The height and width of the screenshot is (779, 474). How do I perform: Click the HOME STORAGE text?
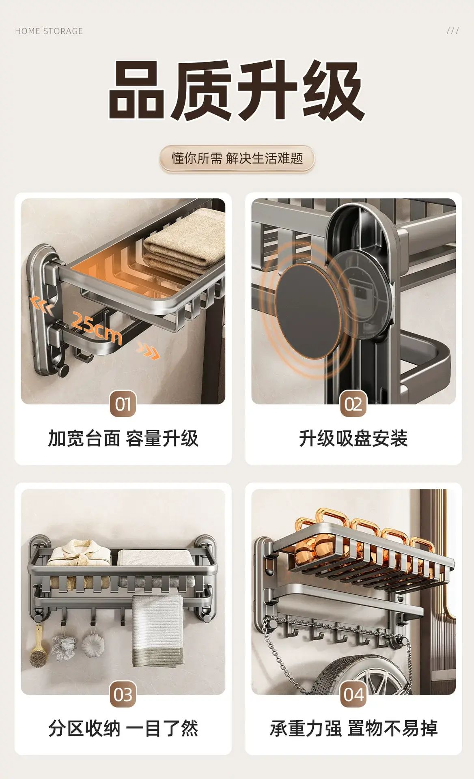point(49,31)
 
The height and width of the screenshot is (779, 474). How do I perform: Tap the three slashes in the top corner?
point(453,31)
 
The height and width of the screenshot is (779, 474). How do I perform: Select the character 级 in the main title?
point(334,90)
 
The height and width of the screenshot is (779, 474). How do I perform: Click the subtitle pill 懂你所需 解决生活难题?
point(237,158)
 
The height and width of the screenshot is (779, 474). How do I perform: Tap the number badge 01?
point(123,404)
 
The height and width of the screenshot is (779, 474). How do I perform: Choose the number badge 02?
point(353,404)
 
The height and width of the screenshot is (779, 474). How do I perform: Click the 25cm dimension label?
point(96,327)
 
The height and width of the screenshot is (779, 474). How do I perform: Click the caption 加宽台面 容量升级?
point(123,439)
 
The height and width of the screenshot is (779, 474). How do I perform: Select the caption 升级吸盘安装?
point(353,439)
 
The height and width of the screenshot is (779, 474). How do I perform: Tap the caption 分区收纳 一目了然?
point(123,729)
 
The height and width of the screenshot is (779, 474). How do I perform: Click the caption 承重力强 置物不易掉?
point(353,729)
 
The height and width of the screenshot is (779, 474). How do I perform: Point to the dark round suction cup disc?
point(307,310)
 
